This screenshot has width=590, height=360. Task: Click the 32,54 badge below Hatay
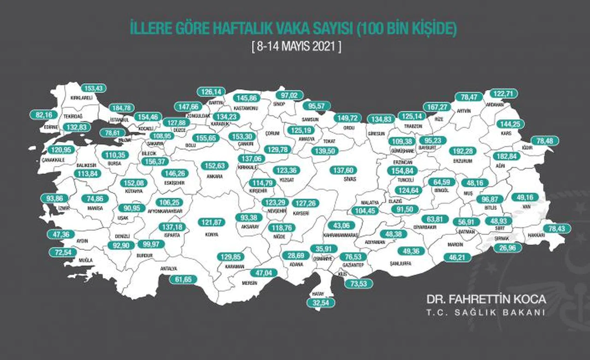(321, 303)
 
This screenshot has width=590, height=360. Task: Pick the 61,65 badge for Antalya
(183, 279)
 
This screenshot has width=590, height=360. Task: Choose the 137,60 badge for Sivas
(346, 170)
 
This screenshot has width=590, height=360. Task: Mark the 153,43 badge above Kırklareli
(94, 89)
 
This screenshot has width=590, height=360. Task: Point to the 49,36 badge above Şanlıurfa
(410, 251)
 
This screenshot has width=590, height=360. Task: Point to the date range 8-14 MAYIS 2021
(295, 47)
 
